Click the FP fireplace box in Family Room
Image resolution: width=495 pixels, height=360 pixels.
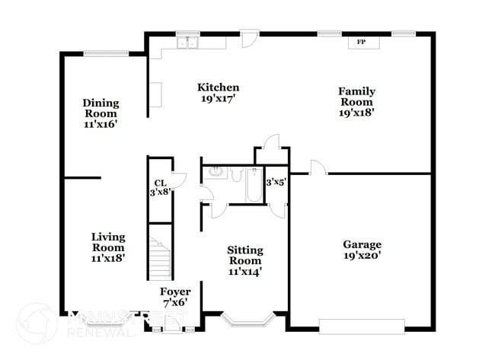point(364,43)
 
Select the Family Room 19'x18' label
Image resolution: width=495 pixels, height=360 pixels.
point(356,101)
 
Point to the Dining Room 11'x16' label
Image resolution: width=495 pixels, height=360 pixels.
point(101,113)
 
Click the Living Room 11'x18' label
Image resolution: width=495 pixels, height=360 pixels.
point(108,247)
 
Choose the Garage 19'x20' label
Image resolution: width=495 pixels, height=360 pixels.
point(361,250)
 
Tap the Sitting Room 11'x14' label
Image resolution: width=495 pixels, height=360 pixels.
point(245,260)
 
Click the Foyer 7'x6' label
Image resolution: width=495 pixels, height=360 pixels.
point(174,298)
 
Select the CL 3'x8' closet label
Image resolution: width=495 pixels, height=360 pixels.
point(160,188)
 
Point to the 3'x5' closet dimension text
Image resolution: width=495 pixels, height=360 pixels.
point(275,183)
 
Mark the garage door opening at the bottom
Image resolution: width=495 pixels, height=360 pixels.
point(362,327)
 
